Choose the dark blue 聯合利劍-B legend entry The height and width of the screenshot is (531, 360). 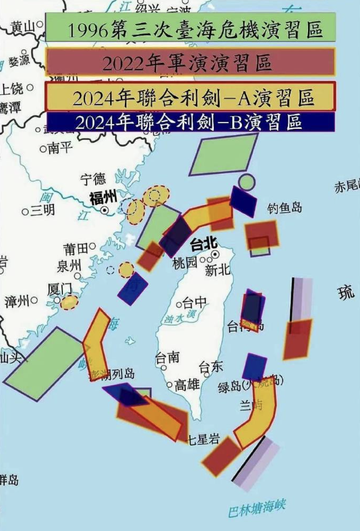190,121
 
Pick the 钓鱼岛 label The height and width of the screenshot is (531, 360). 284,208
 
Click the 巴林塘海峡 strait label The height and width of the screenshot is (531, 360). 257,508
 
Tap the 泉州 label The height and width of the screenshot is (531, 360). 69,265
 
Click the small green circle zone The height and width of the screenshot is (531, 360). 247,182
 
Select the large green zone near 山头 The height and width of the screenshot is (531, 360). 44,363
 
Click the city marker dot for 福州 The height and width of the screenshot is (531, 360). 105,210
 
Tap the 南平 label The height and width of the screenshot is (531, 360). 60,148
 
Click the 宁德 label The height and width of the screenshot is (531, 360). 93,179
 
